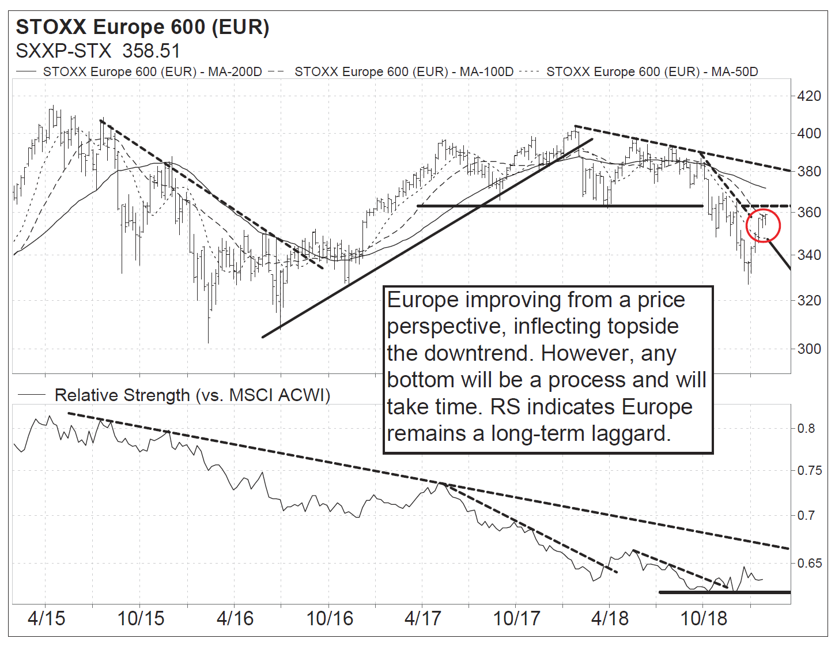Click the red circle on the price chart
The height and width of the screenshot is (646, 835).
(x=763, y=225)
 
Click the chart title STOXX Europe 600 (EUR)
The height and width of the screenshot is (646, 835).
(x=142, y=27)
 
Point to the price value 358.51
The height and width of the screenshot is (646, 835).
(x=152, y=51)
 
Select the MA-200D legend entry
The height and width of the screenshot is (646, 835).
(x=152, y=72)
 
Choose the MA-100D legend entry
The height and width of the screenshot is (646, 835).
(x=403, y=72)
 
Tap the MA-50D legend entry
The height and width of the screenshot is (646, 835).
(x=652, y=72)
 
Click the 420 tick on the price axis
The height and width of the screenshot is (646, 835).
(x=808, y=96)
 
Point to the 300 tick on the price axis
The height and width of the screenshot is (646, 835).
(x=808, y=349)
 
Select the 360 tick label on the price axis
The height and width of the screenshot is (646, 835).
(x=808, y=213)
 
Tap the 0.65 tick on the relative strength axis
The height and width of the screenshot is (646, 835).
(x=809, y=563)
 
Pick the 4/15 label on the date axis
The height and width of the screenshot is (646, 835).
(x=47, y=618)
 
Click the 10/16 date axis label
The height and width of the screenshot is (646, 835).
(x=330, y=618)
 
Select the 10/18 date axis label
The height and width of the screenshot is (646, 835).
(x=704, y=618)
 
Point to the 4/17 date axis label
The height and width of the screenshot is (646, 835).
(x=423, y=618)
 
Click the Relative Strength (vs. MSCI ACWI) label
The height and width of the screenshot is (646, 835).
(x=192, y=395)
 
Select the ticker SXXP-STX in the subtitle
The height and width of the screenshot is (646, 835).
(x=63, y=51)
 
